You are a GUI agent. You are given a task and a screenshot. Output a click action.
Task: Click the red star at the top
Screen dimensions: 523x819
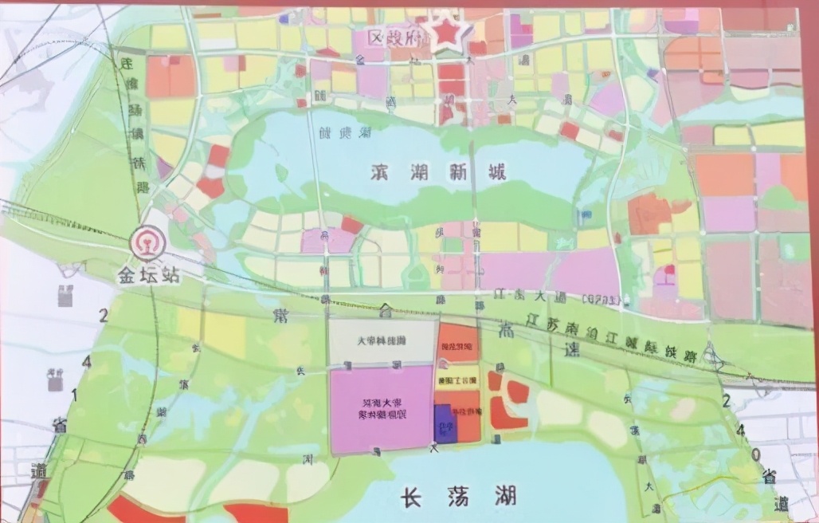446,34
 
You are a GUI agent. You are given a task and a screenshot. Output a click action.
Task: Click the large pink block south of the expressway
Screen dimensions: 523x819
381,409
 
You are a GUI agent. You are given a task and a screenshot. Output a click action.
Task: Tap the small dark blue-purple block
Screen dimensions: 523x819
445,423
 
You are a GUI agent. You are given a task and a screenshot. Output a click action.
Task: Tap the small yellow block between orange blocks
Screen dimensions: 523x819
457,377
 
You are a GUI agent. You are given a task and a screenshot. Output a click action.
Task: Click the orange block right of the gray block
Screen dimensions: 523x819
457,343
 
